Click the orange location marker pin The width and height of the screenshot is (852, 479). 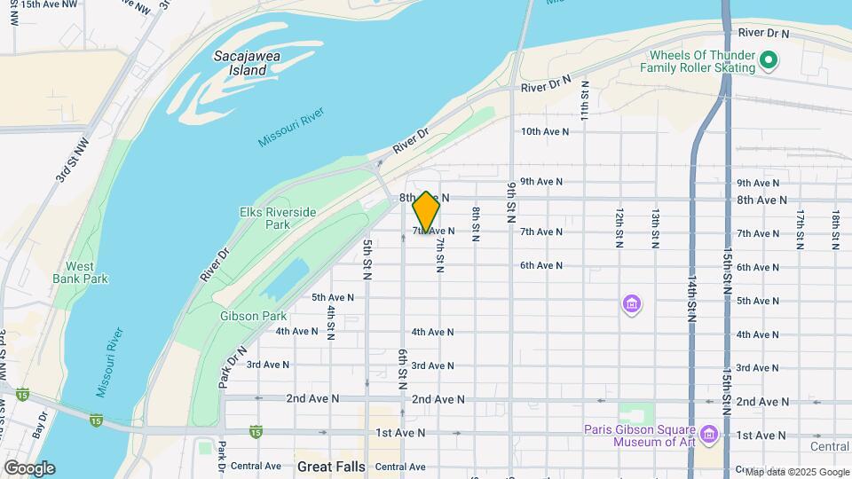(426, 211)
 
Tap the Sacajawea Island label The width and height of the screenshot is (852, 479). (240, 62)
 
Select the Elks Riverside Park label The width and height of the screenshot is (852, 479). (278, 218)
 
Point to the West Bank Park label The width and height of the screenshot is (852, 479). (86, 272)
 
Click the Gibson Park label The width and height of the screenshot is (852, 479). (253, 316)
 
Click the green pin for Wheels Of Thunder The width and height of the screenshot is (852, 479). (769, 61)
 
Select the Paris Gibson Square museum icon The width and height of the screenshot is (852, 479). (708, 435)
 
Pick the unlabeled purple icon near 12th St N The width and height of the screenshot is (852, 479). (631, 305)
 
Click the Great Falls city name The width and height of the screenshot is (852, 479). (331, 466)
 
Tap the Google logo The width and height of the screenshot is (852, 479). (28, 468)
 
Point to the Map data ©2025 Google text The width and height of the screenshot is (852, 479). (796, 472)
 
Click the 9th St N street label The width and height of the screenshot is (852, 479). (512, 203)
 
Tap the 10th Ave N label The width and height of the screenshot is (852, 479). (544, 131)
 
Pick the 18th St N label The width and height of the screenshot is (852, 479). (835, 230)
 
